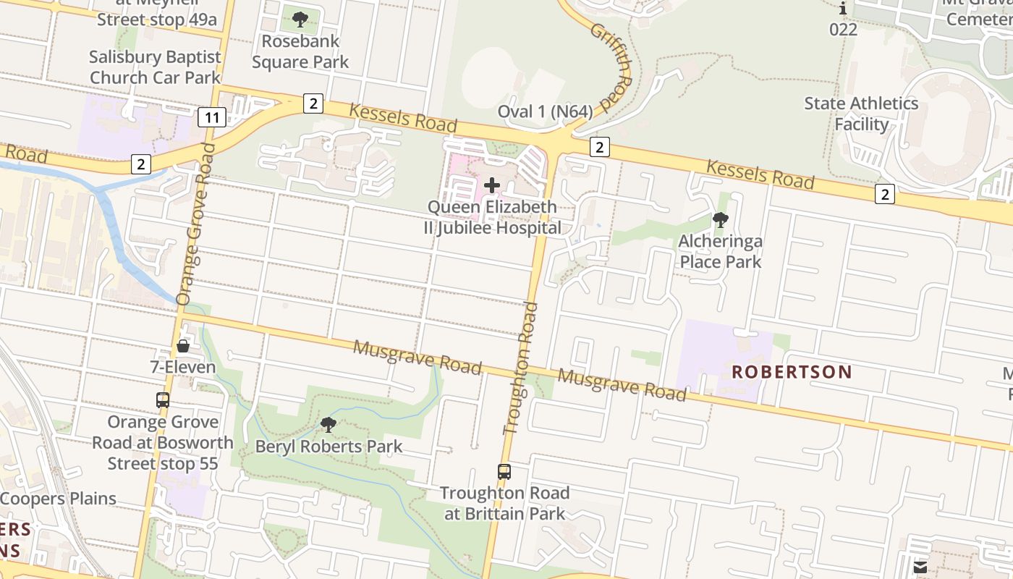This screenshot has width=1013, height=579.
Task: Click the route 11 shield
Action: click(212, 117)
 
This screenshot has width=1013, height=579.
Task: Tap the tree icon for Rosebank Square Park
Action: click(300, 20)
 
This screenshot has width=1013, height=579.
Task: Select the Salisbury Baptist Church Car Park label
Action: click(155, 67)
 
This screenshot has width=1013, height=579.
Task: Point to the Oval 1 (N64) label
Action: click(545, 111)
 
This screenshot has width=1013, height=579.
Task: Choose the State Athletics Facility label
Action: click(861, 114)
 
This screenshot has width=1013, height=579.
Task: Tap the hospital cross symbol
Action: click(492, 185)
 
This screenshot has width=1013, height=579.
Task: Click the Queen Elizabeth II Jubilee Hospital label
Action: click(492, 217)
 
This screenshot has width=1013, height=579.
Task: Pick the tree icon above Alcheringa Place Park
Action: click(720, 219)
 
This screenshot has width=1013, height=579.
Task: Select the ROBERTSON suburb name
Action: click(792, 372)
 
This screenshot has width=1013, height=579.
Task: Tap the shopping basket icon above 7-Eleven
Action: click(183, 346)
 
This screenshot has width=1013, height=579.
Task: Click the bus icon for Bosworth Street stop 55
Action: click(163, 400)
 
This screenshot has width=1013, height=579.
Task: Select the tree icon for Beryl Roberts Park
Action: click(329, 425)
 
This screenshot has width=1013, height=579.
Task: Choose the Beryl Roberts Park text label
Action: click(329, 447)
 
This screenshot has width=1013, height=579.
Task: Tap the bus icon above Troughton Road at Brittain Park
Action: click(504, 472)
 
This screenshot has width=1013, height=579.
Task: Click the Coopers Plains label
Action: click(58, 499)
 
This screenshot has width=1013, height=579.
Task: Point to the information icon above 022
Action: click(843, 9)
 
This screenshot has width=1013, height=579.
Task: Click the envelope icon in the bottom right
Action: click(920, 567)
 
